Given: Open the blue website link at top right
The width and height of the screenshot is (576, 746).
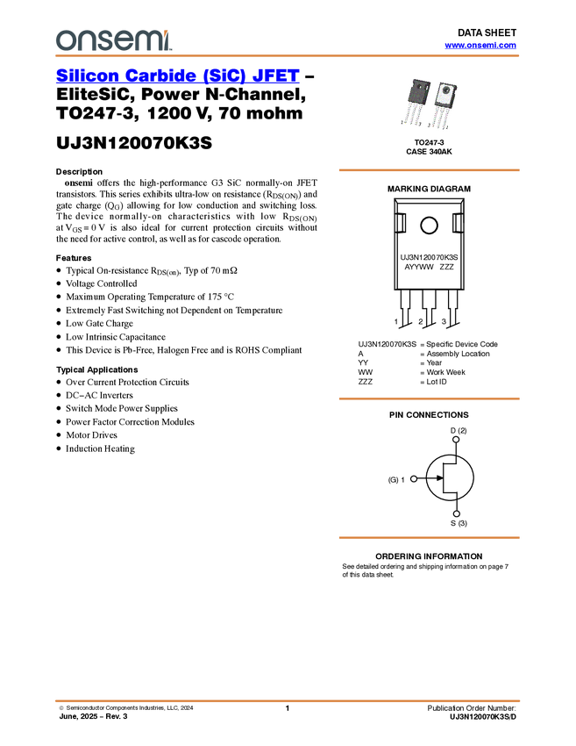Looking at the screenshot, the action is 480,46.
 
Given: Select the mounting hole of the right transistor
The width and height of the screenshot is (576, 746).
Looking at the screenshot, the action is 447,88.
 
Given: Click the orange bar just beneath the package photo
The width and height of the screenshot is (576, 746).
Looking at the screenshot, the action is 429,170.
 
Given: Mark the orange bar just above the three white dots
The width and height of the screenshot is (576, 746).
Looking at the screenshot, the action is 429,399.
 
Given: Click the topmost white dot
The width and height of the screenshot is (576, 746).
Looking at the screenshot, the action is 456,439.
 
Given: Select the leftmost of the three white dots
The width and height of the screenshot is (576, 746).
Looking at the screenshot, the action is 413,478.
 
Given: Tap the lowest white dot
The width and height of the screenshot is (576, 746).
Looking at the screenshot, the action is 456,513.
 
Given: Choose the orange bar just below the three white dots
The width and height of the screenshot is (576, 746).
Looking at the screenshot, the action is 429,538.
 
